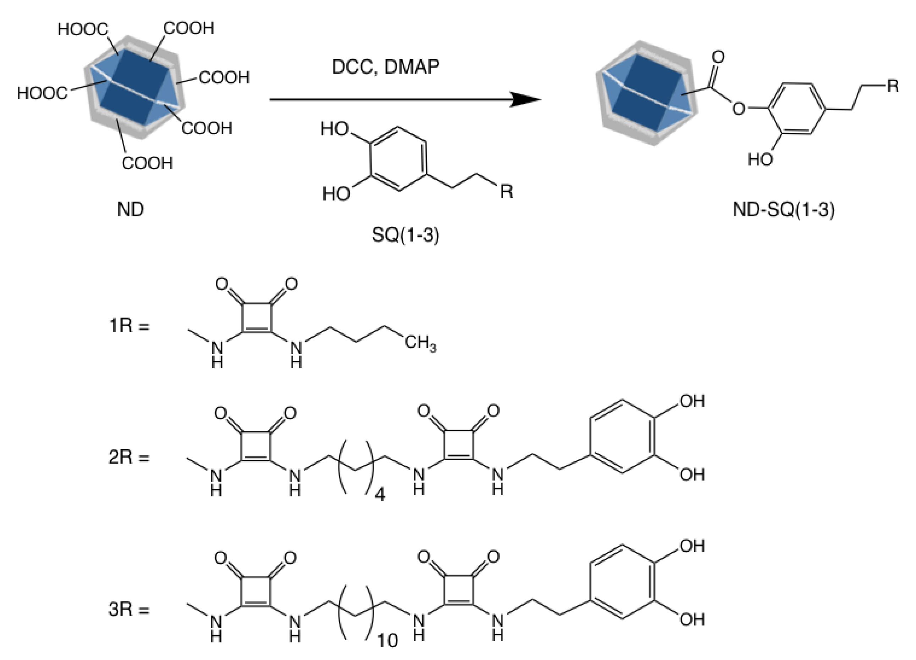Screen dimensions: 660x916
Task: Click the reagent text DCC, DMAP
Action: click(x=385, y=67)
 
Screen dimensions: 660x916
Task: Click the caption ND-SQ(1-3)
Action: click(x=784, y=210)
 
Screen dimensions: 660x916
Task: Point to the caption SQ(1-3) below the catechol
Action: click(x=405, y=235)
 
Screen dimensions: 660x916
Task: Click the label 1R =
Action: click(x=129, y=325)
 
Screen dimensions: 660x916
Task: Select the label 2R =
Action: click(x=129, y=457)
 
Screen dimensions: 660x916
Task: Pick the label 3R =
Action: click(x=129, y=609)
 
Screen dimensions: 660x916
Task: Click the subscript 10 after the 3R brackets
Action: click(x=387, y=640)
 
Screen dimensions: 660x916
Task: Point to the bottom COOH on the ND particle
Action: click(x=147, y=163)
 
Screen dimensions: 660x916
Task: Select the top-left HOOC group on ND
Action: click(x=83, y=29)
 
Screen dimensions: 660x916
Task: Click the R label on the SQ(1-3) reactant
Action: click(x=506, y=192)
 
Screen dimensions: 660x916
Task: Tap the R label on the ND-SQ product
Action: click(x=893, y=86)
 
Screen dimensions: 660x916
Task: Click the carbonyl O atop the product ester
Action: click(x=718, y=57)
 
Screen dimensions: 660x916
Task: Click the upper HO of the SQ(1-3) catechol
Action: click(x=334, y=129)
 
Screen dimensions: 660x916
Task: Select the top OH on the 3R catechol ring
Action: click(x=692, y=546)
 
